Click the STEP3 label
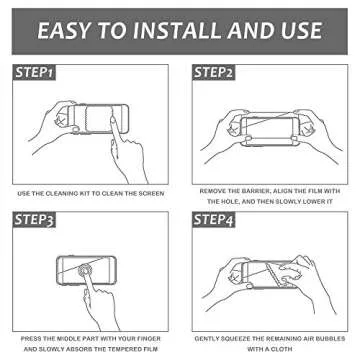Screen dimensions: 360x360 pyautogui.click(x=36, y=218)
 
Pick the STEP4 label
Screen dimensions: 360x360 pyautogui.click(x=215, y=218)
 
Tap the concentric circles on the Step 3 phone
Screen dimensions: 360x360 pyautogui.click(x=90, y=275)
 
